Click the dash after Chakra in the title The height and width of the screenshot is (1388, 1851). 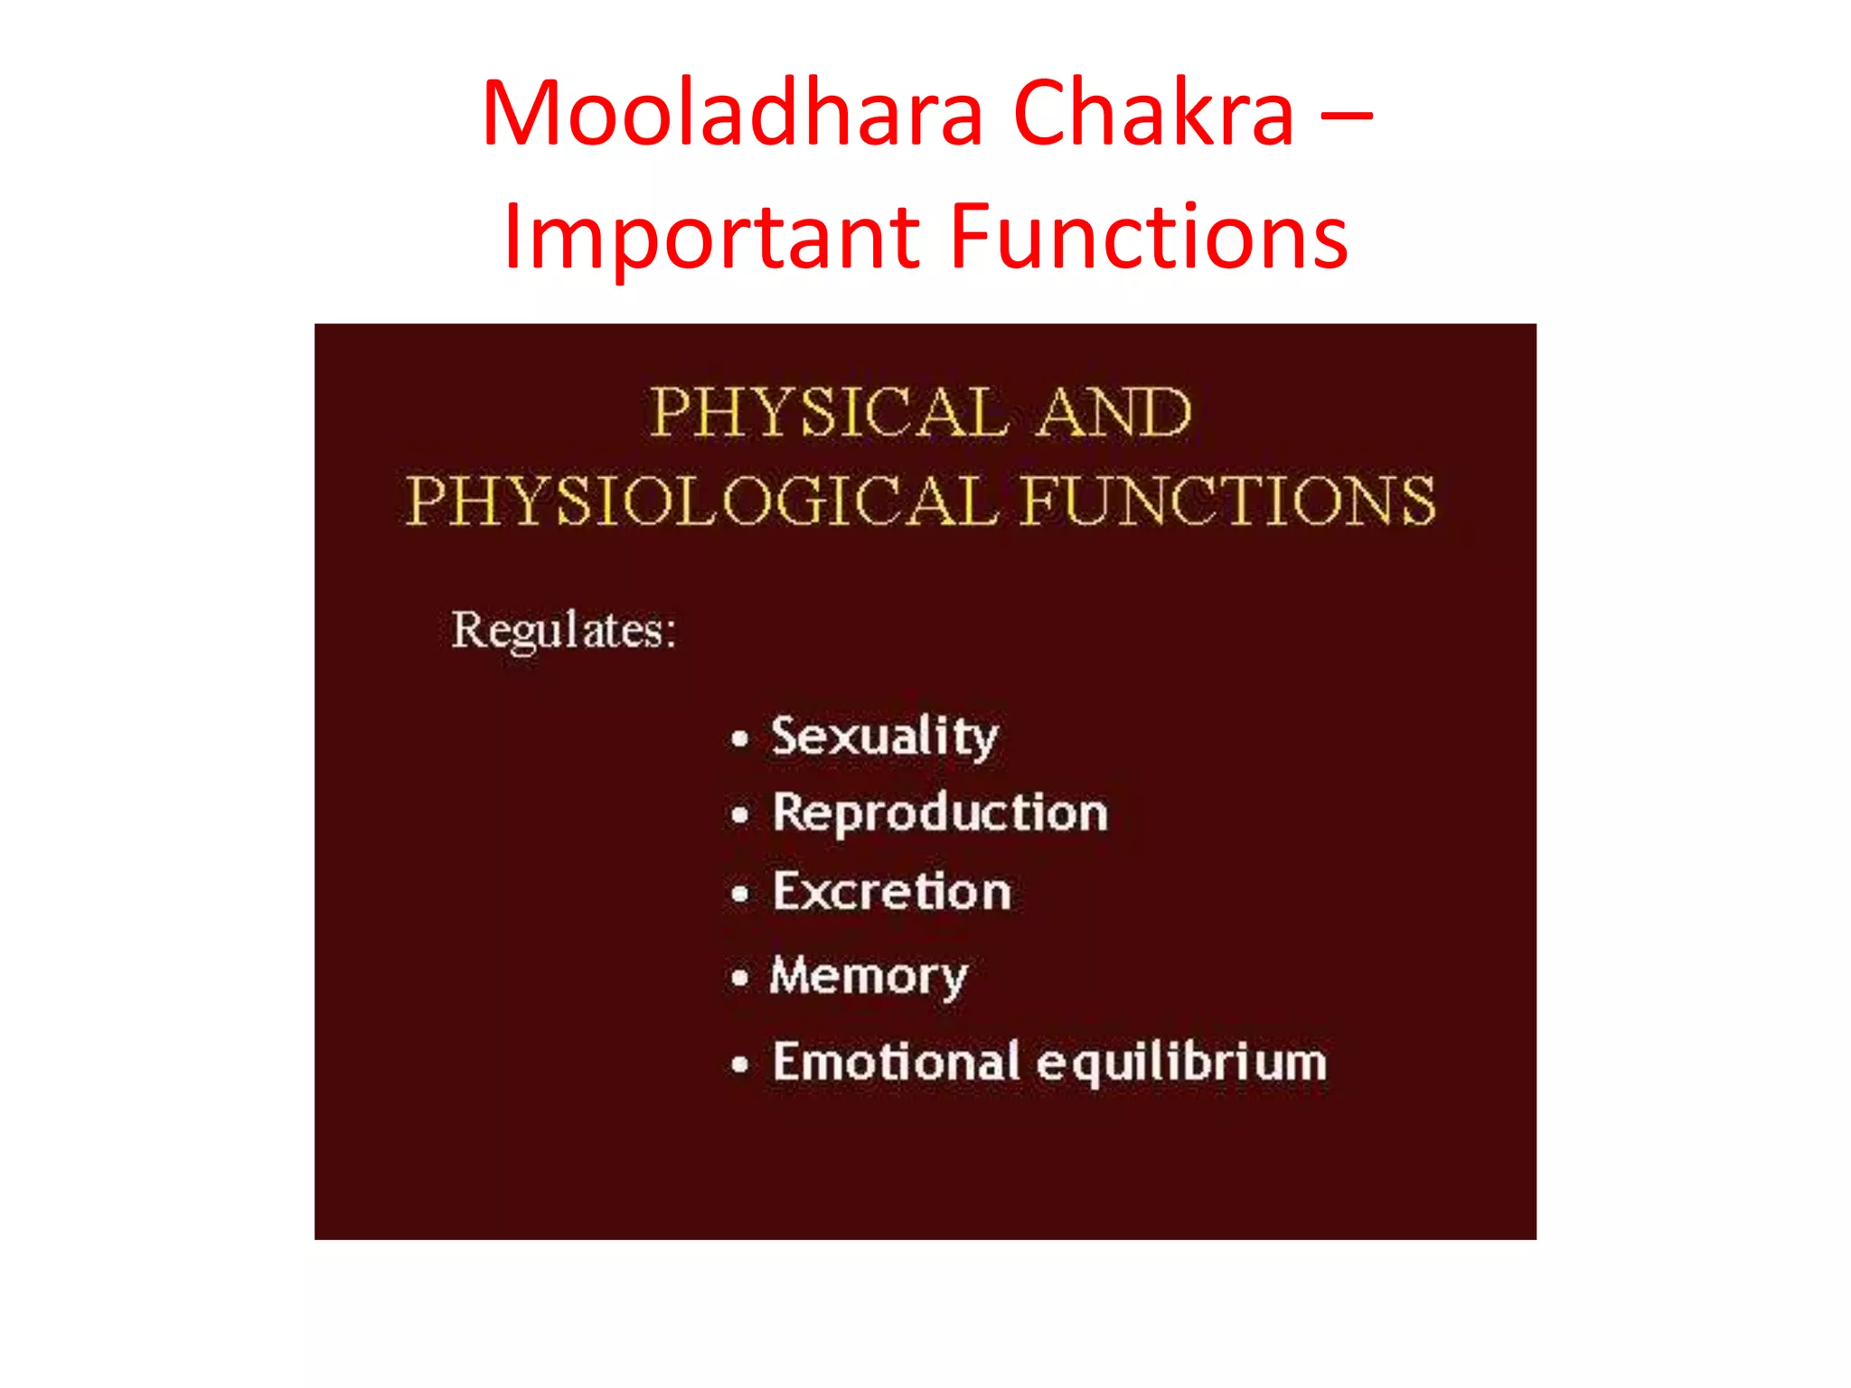point(1346,116)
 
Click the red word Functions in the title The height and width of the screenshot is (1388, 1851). point(1150,237)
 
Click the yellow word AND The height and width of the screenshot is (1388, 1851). point(1113,413)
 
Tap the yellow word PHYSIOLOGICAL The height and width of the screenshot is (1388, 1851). point(701,501)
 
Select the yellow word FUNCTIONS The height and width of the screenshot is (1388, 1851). point(1228,501)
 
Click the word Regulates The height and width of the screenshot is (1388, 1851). point(563,630)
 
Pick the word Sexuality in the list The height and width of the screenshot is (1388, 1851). point(884,736)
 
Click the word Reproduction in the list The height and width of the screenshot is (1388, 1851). point(940,813)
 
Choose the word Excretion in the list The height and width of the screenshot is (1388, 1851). point(891,892)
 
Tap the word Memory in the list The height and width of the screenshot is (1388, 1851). point(869,976)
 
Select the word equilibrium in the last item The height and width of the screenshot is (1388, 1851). point(1182,1063)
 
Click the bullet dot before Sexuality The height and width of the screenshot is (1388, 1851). point(740,739)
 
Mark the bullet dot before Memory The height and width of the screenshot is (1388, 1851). point(740,978)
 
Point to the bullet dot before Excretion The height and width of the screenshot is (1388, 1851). point(740,895)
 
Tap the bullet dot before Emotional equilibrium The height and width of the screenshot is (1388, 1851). point(740,1064)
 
